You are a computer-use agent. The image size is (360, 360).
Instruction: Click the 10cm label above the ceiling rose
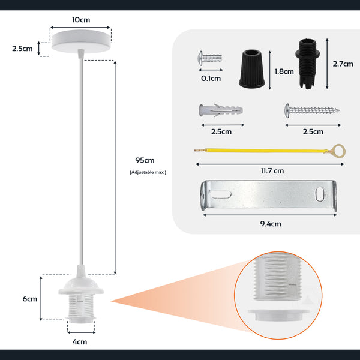pos(81,20)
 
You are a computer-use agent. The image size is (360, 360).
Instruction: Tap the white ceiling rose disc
pos(81,41)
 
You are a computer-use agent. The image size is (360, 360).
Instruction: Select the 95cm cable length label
pos(145,160)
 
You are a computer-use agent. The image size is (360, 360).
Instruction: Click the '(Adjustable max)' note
pos(148,172)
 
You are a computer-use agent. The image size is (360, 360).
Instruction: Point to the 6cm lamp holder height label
pos(30,299)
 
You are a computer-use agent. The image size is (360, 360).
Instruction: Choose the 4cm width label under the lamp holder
pos(80,342)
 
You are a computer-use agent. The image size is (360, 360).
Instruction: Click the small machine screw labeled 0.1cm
pos(210,58)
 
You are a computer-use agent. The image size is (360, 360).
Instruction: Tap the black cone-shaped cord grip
pos(251,68)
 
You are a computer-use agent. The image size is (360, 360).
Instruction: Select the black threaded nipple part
pos(307,64)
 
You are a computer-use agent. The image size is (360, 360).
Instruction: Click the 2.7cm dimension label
pos(343,64)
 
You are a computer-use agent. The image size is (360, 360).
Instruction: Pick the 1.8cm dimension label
pos(284,71)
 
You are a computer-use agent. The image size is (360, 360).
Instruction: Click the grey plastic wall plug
pos(221,110)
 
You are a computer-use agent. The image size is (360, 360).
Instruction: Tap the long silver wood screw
pos(312,110)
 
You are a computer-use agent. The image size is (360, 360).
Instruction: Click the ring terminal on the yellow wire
pos(339,151)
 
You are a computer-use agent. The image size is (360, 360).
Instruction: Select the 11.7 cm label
pos(272,171)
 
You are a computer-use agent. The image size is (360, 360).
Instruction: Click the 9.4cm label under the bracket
pos(271,224)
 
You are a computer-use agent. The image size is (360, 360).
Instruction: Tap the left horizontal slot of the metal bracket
pos(220,194)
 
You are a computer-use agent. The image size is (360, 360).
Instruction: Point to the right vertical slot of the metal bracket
pos(320,194)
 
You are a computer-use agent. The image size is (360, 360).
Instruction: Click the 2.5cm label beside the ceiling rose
pos(22,49)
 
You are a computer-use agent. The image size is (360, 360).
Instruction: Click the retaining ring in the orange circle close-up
pos(278,315)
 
